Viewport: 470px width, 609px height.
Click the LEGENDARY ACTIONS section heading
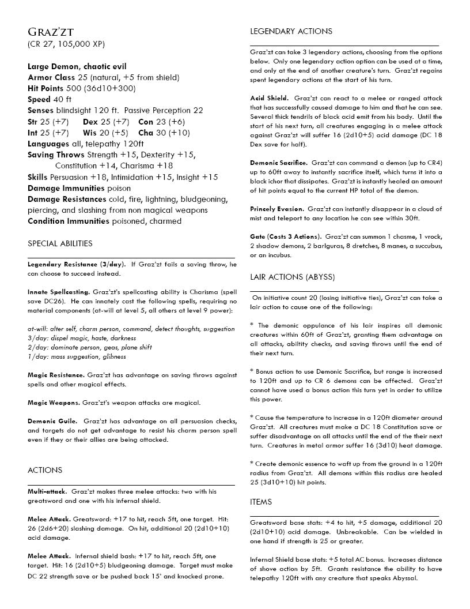[x=291, y=31]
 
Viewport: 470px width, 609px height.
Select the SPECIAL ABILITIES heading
[x=60, y=243]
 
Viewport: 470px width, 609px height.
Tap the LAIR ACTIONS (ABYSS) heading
[x=293, y=277]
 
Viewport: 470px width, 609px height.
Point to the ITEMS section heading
[x=261, y=502]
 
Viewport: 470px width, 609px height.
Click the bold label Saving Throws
[x=56, y=155]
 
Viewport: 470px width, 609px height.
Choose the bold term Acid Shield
[x=269, y=98]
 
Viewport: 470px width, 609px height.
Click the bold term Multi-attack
[x=47, y=491]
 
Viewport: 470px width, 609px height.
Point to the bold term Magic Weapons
[x=54, y=403]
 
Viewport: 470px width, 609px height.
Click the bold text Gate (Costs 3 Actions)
[x=285, y=237]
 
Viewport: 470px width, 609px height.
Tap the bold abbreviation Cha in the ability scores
[x=146, y=133]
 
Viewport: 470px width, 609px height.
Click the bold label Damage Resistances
[x=67, y=199]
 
